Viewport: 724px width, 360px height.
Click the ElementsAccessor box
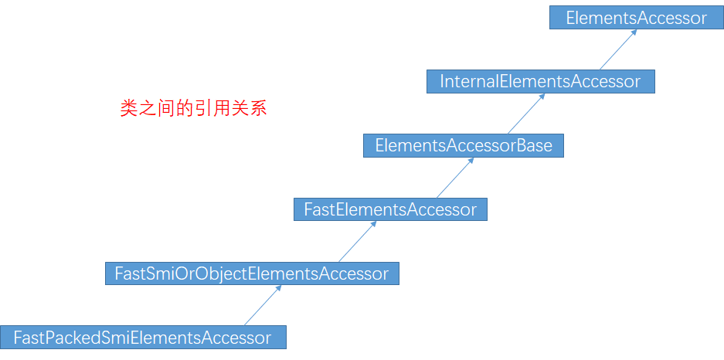[x=636, y=18]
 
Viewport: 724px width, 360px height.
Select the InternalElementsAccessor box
[x=541, y=81]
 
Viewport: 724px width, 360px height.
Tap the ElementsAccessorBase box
[x=464, y=145]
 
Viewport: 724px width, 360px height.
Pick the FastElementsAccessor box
[x=390, y=209]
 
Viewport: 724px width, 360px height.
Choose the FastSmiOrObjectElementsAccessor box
[x=252, y=273]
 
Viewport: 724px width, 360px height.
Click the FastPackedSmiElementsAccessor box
[x=143, y=337]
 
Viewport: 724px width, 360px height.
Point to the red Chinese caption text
[x=193, y=109]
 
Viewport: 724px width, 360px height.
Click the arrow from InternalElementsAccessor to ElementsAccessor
[x=618, y=49]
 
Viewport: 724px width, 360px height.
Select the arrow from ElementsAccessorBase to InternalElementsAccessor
[x=526, y=114]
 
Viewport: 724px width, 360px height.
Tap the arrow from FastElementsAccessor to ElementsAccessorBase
[x=455, y=178]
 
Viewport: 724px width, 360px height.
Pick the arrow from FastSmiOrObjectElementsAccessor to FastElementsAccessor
[x=358, y=241]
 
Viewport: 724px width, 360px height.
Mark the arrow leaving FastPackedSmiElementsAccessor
[x=263, y=305]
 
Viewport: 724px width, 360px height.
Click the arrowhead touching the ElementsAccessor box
[x=634, y=32]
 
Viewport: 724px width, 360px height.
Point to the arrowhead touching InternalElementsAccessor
[x=542, y=97]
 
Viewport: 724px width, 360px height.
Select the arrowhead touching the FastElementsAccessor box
[x=373, y=224]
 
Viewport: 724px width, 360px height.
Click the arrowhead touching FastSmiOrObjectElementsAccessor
[x=278, y=288]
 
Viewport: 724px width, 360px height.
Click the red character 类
[x=129, y=109]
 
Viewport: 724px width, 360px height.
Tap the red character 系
[x=258, y=109]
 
